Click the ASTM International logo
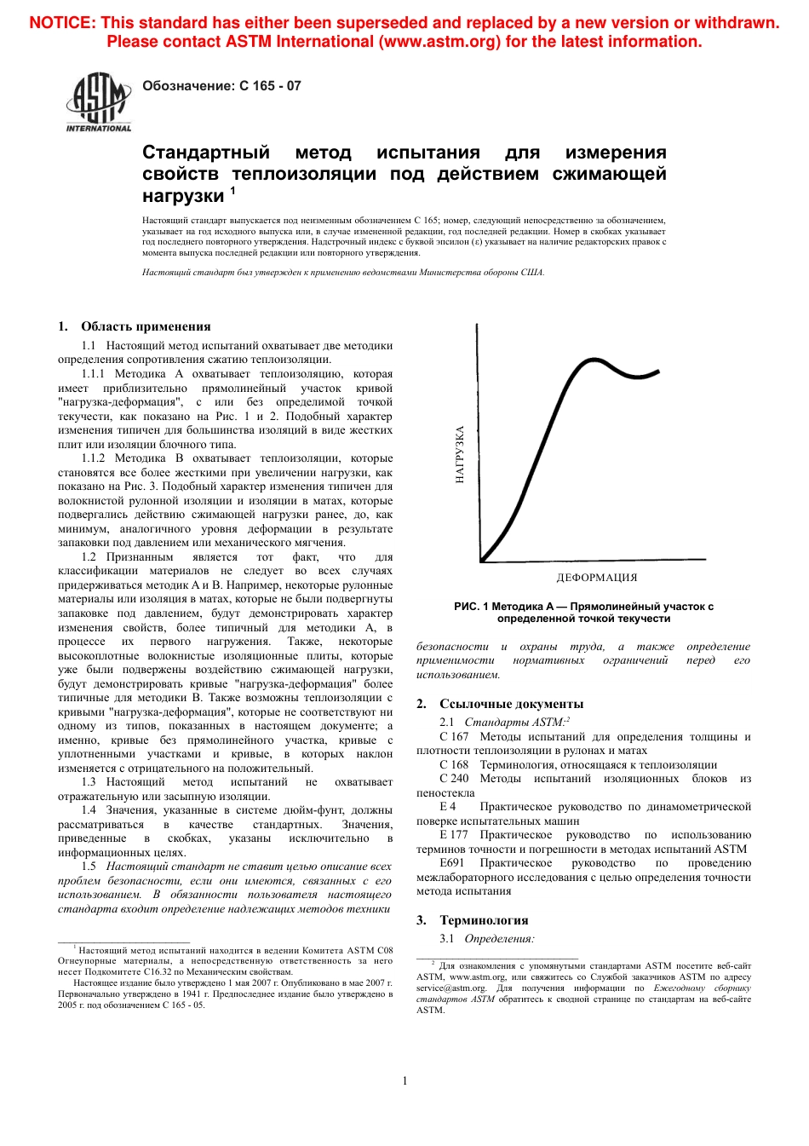[98, 101]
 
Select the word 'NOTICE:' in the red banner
[61, 23]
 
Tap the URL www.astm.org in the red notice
[439, 42]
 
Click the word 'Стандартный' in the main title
[205, 153]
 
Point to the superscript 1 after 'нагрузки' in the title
[232, 192]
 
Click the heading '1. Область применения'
[135, 326]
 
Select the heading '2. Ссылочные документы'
[500, 704]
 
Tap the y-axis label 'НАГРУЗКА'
[460, 454]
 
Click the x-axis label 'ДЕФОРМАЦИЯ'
[596, 578]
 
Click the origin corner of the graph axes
[481, 561]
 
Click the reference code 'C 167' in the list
[454, 737]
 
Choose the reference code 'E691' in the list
[452, 863]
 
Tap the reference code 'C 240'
[454, 779]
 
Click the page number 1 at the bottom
[404, 1080]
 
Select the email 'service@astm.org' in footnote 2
[450, 988]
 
